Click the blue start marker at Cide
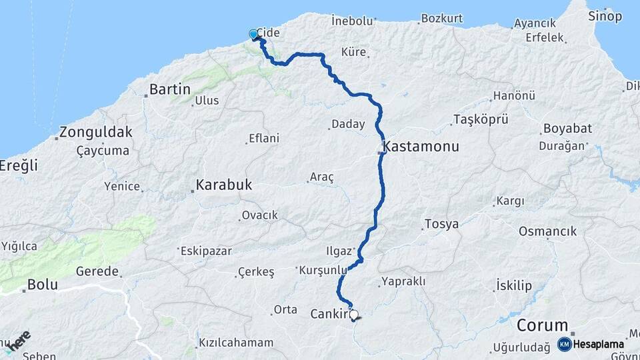pos(254,35)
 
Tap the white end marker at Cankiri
pos(353,315)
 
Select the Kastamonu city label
pos(421,147)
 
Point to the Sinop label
pos(605,16)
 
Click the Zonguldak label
pos(96,131)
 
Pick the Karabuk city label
pos(224,185)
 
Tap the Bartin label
pos(170,89)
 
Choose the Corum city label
pos(543,325)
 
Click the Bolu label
pos(43,285)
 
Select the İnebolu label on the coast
pos(352,21)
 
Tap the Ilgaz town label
pos(338,251)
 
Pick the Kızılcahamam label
pos(236,343)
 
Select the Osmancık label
pos(547,231)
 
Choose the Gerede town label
pos(97,271)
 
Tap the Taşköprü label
pos(481,119)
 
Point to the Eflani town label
pos(264,139)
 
